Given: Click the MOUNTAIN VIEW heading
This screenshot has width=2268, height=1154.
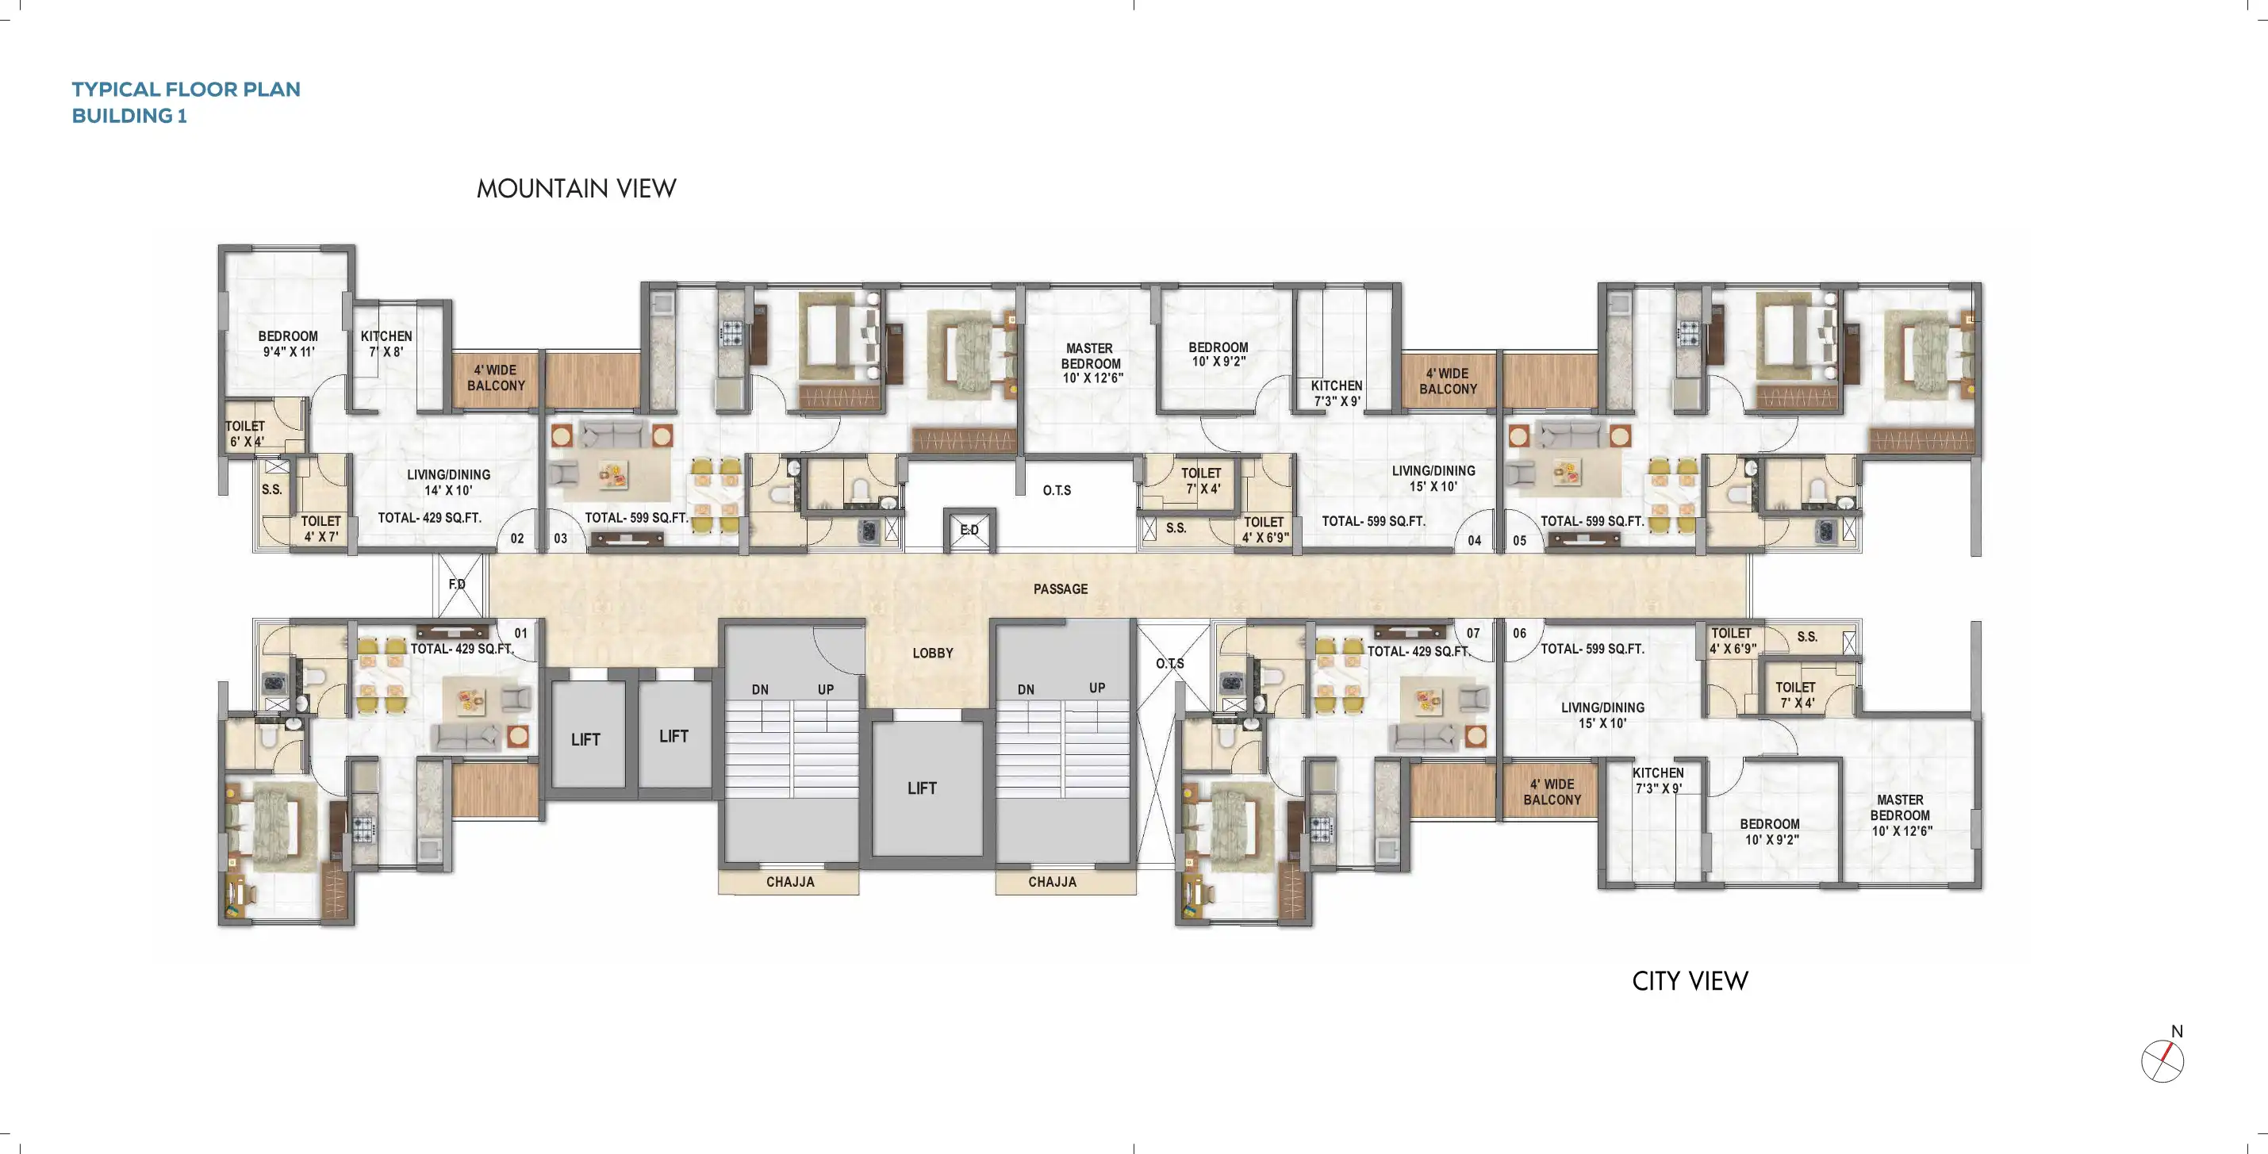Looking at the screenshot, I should pyautogui.click(x=576, y=189).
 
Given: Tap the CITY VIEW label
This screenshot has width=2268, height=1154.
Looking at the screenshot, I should pyautogui.click(x=1690, y=980).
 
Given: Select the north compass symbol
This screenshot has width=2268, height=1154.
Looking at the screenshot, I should pyautogui.click(x=2162, y=1060).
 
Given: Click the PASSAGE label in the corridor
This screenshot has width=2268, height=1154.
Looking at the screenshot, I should pyautogui.click(x=1060, y=589).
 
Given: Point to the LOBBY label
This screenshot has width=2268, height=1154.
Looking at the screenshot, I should pyautogui.click(x=932, y=654).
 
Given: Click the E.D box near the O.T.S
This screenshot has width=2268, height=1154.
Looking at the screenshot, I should pyautogui.click(x=969, y=530).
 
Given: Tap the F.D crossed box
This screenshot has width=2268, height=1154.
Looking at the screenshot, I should pyautogui.click(x=458, y=585).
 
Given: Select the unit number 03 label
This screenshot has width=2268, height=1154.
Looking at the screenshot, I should pyautogui.click(x=560, y=539).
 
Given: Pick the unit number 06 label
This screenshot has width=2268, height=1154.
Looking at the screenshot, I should pyautogui.click(x=1519, y=633).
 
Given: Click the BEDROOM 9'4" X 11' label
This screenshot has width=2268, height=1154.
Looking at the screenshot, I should pyautogui.click(x=288, y=343).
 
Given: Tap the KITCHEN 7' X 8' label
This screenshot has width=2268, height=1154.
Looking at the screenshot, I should pyautogui.click(x=386, y=343).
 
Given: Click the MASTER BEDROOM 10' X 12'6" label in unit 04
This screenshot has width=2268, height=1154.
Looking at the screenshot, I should pyautogui.click(x=1091, y=363).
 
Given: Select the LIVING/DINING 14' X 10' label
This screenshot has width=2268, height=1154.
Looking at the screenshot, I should pyautogui.click(x=448, y=482).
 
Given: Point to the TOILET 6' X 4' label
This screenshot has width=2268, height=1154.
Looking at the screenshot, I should pyautogui.click(x=245, y=434).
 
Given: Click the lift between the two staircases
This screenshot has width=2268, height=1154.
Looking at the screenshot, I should pyautogui.click(x=922, y=788).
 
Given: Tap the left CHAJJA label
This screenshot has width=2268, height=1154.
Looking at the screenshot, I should pyautogui.click(x=790, y=882).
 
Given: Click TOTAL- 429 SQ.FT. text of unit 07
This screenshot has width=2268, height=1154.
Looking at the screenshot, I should pyautogui.click(x=1418, y=651).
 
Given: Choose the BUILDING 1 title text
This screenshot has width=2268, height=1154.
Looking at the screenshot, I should pyautogui.click(x=129, y=116).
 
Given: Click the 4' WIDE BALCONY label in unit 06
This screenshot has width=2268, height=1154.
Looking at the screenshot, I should pyautogui.click(x=1552, y=792).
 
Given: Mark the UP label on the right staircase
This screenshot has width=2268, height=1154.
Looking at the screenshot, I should pyautogui.click(x=1096, y=688).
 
